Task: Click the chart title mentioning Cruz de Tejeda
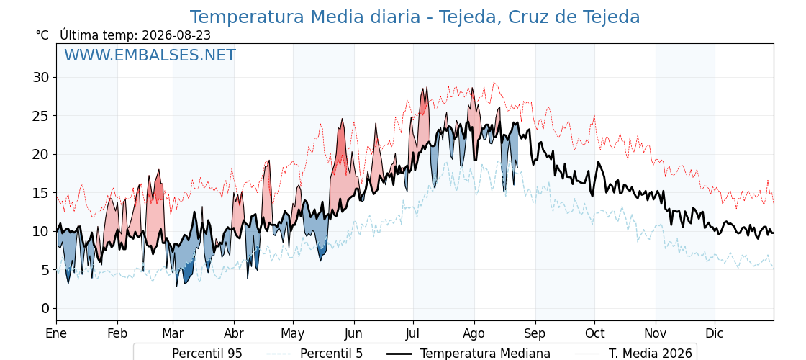[415, 17]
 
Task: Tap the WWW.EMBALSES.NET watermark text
[150, 55]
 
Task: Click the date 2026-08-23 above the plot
[176, 35]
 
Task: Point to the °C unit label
[42, 35]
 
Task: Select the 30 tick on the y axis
[42, 77]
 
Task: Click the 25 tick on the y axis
[42, 116]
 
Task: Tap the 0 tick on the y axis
[47, 309]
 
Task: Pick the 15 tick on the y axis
[42, 193]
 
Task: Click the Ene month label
[56, 333]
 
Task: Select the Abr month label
[234, 333]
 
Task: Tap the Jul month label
[413, 333]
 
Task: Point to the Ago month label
[474, 334]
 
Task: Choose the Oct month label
[594, 333]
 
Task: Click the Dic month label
[715, 333]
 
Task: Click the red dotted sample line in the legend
[151, 354]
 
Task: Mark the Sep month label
[535, 334]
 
